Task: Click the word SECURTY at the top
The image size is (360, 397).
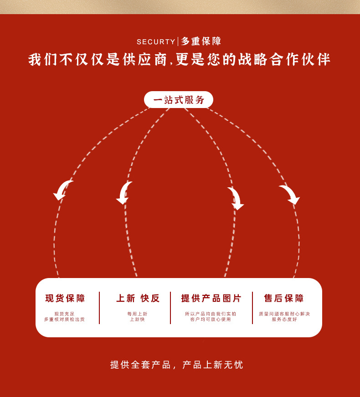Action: coord(156,42)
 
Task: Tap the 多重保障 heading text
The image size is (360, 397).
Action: coord(201,41)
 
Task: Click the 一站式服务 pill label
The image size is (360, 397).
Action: coord(179,100)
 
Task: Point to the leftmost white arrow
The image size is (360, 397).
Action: coord(62,190)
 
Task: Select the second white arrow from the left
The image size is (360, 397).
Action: coord(124,192)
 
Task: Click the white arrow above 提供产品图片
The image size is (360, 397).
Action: coord(236,198)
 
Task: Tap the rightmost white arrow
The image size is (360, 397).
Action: coord(290,194)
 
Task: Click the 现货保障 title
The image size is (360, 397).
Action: coord(65,299)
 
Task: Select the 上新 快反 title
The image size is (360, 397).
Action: coord(138,299)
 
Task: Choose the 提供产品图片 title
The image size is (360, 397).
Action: coord(211,299)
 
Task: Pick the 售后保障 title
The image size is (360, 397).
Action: coord(284,299)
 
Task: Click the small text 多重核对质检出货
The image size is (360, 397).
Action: coord(64,320)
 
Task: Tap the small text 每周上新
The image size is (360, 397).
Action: coord(137,314)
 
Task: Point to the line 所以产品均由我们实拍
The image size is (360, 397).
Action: coord(211,314)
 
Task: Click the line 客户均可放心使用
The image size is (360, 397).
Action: coord(211,320)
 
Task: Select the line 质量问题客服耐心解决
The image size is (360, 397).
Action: coord(284,314)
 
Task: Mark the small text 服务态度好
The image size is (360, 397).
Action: coord(284,320)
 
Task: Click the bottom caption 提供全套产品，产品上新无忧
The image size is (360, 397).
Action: coord(177,365)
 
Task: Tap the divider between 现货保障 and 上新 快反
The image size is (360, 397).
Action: coord(99,308)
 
